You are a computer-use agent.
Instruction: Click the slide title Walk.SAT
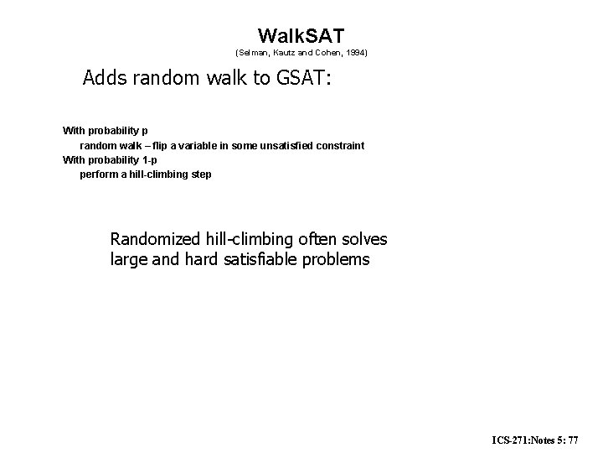pos(301,35)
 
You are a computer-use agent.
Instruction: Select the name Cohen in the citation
pos(324,53)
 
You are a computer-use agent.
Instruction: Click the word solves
pos(365,240)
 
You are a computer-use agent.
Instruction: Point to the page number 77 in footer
pos(583,439)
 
